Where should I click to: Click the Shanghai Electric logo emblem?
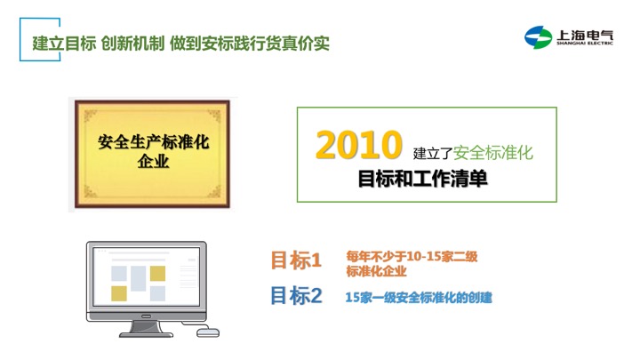(538, 37)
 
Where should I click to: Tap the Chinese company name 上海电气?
(585, 35)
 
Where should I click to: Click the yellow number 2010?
(359, 144)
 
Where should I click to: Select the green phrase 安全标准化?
(493, 153)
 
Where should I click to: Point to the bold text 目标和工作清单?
(422, 179)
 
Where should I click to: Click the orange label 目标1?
(296, 260)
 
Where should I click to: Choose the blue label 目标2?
(296, 295)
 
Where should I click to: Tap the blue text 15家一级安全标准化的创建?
(419, 298)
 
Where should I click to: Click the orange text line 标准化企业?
(376, 271)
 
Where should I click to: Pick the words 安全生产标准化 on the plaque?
(153, 142)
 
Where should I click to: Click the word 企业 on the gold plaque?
(153, 161)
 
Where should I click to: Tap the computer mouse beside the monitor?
(208, 332)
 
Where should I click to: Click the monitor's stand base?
(146, 334)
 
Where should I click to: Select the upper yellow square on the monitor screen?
(157, 274)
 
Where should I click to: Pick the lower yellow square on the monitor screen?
(119, 293)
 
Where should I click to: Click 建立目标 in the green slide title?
(65, 44)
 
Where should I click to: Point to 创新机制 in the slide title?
(132, 44)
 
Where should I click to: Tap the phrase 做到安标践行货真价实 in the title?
(250, 44)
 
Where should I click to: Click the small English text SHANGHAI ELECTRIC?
(585, 44)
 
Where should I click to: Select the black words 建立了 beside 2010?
(433, 154)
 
